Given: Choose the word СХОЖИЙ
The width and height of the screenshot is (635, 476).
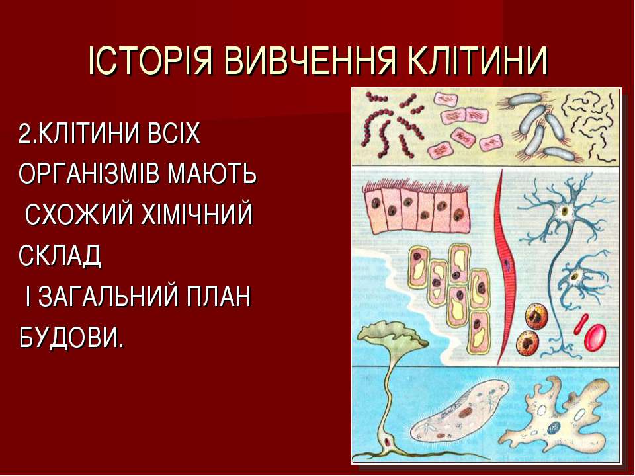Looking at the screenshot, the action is [79, 214].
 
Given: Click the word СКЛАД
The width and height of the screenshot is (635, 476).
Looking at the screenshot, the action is [60, 255].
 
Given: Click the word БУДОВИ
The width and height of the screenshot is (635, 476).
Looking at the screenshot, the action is [71, 337].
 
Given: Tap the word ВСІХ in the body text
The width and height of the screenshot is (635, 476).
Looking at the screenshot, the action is [174, 133].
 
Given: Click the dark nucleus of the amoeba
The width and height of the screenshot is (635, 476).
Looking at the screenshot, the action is [553, 428].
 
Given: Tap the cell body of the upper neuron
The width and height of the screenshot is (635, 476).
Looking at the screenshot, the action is [564, 211].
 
